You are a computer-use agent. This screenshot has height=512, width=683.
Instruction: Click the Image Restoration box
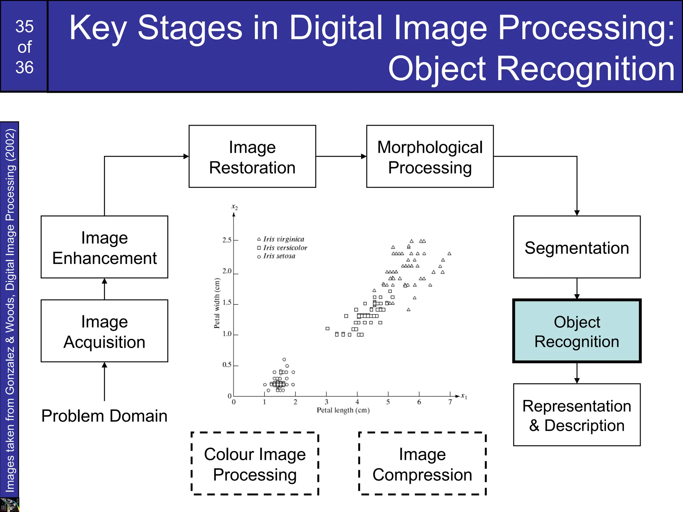click(252, 156)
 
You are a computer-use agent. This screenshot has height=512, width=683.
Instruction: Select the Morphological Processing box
click(430, 156)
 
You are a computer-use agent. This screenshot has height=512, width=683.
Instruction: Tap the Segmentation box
click(577, 247)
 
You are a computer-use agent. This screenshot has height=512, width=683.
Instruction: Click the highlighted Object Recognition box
click(577, 331)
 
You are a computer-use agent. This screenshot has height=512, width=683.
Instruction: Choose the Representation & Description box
click(577, 415)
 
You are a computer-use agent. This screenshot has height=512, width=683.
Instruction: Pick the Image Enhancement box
click(104, 247)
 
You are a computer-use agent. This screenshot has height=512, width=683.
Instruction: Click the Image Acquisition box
click(104, 331)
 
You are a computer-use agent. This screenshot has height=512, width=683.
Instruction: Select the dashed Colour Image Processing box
click(255, 464)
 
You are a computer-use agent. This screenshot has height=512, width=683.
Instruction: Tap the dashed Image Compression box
click(422, 464)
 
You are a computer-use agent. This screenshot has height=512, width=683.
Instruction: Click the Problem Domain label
click(104, 416)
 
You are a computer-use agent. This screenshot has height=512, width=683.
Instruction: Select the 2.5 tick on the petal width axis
click(227, 240)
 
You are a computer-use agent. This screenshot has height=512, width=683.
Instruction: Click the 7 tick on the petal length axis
click(450, 402)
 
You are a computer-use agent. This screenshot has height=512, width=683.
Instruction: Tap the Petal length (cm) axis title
click(343, 410)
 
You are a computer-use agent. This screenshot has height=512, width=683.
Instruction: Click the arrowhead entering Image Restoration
click(186, 156)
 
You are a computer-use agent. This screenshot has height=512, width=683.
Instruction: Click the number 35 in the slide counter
click(24, 27)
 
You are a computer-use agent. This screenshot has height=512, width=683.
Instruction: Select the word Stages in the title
click(190, 28)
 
